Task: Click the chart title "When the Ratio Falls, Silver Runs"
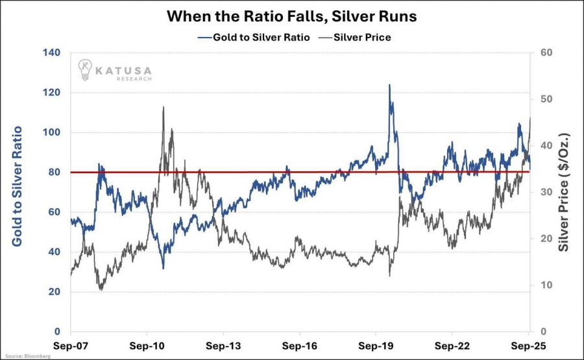[292, 16]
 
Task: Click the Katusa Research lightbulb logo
[85, 68]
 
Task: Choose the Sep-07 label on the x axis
[71, 347]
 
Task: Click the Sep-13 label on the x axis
[224, 347]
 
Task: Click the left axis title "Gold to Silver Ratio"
[18, 186]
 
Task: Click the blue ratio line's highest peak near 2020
[389, 84]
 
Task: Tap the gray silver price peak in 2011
[163, 107]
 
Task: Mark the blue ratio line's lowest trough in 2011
[163, 268]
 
